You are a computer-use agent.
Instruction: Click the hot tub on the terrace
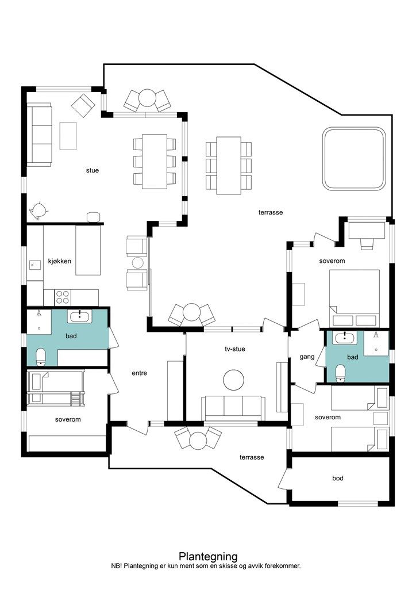click(x=354, y=159)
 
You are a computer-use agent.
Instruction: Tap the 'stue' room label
click(x=93, y=170)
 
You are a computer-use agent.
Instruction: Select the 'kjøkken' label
click(x=59, y=261)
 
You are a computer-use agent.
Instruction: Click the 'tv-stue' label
click(x=235, y=349)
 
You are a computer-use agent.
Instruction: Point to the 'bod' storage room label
click(x=338, y=478)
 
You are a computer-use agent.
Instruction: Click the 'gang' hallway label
click(x=307, y=357)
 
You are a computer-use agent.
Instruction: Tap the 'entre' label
click(x=139, y=373)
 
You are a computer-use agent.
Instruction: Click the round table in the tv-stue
click(x=234, y=380)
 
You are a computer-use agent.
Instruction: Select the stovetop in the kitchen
click(x=62, y=297)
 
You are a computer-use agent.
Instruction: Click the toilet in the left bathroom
click(x=41, y=357)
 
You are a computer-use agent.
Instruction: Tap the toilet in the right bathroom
click(x=340, y=373)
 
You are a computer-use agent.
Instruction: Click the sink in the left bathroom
click(x=79, y=317)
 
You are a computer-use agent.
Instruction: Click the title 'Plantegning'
click(x=208, y=556)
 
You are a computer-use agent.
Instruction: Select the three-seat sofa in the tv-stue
click(x=233, y=408)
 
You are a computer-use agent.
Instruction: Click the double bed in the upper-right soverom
click(x=355, y=299)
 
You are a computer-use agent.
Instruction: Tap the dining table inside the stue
click(x=155, y=162)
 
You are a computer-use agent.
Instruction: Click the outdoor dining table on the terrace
click(x=229, y=166)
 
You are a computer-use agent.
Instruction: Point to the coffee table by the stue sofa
click(x=68, y=136)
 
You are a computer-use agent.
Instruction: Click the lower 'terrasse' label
click(x=252, y=457)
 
